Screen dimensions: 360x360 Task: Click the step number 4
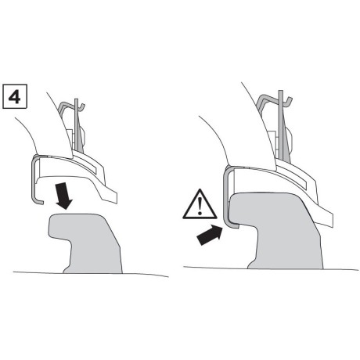point(14,96)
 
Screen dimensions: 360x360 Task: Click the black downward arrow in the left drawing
point(63,196)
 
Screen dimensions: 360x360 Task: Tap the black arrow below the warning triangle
point(210,235)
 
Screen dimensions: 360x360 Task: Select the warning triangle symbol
point(200,204)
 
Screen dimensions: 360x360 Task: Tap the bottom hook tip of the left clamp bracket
point(41,203)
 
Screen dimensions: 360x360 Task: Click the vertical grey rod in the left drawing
point(77,125)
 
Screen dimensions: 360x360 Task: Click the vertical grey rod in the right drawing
point(281,125)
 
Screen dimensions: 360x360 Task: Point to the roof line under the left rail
point(91,274)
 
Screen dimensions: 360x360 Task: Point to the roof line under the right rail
point(271,268)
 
